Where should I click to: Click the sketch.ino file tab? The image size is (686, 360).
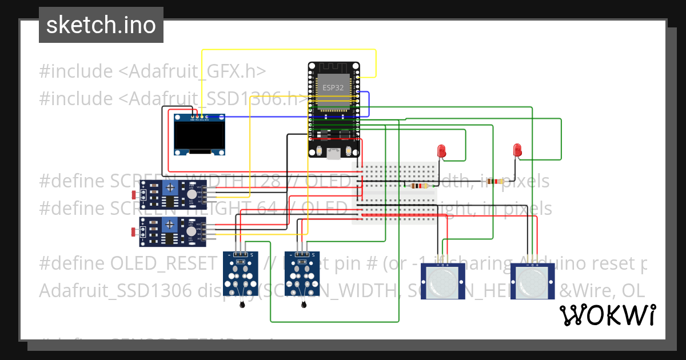pyautogui.click(x=101, y=25)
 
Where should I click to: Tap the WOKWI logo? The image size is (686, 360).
pyautogui.click(x=607, y=315)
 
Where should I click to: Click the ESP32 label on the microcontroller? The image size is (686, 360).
pyautogui.click(x=333, y=87)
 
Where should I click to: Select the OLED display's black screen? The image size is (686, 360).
pyautogui.click(x=200, y=136)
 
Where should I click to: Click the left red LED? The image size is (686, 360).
pyautogui.click(x=441, y=151)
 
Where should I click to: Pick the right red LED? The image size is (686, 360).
pyautogui.click(x=517, y=150)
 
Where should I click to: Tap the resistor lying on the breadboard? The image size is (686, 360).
pyautogui.click(x=420, y=186)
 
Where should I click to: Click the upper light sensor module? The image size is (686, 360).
pyautogui.click(x=171, y=194)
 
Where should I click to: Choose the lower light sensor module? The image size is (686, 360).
pyautogui.click(x=171, y=231)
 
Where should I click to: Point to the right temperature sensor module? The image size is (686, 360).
pyautogui.click(x=304, y=277)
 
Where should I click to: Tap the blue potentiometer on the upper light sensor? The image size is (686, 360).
pyautogui.click(x=169, y=188)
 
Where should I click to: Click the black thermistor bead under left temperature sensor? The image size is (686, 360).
pyautogui.click(x=243, y=305)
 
